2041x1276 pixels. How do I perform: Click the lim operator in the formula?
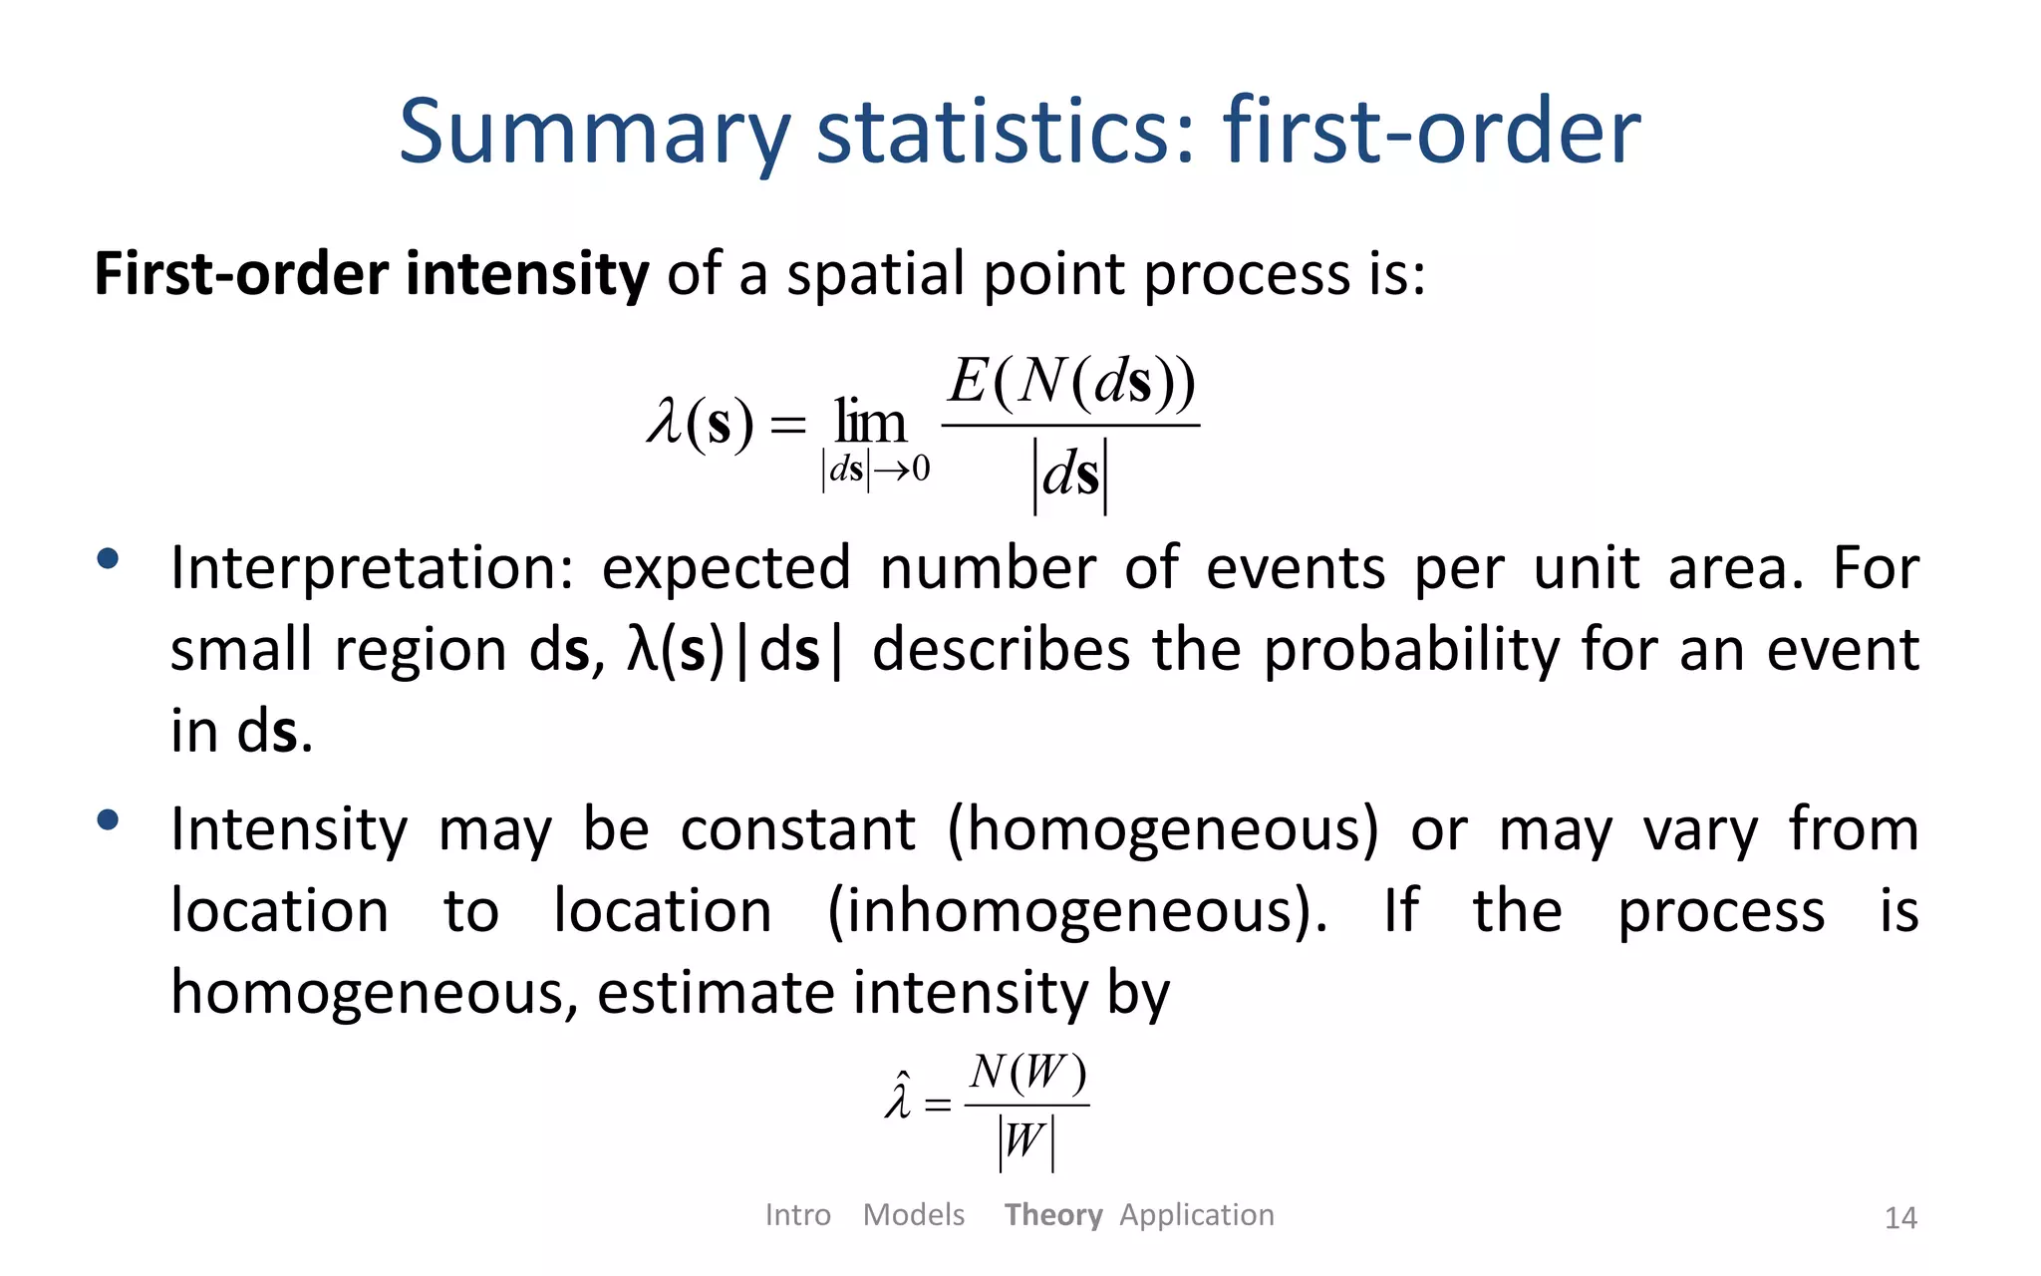click(870, 423)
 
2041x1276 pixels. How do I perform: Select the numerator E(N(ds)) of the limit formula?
click(1071, 382)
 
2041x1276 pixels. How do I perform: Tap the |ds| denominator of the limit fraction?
click(1070, 474)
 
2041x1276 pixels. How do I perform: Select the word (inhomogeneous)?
click(1077, 911)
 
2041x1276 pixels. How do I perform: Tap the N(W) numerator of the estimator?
click(1027, 1074)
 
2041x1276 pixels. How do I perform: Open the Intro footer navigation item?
click(797, 1215)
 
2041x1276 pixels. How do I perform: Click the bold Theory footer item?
click(1052, 1215)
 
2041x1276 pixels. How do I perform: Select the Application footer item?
click(1196, 1215)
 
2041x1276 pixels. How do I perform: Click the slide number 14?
click(1900, 1218)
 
